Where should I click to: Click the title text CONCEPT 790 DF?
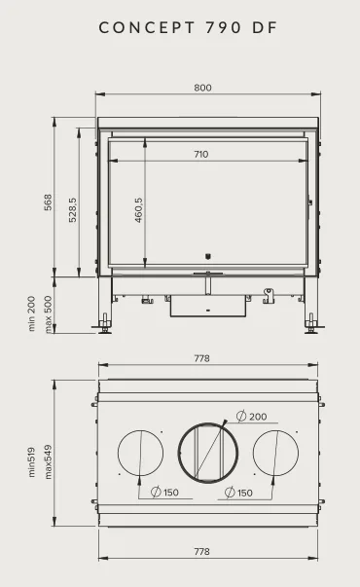click(x=188, y=27)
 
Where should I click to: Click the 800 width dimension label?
click(x=202, y=88)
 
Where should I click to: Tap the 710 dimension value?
click(x=201, y=154)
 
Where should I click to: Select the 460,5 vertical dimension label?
click(x=138, y=210)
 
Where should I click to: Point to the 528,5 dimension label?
click(x=72, y=210)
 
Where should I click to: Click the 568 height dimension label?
click(x=48, y=202)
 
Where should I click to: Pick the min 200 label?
click(x=31, y=313)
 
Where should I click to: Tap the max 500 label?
click(x=48, y=314)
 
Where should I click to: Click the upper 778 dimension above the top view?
click(x=201, y=358)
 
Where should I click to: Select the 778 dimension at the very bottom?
click(x=201, y=551)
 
